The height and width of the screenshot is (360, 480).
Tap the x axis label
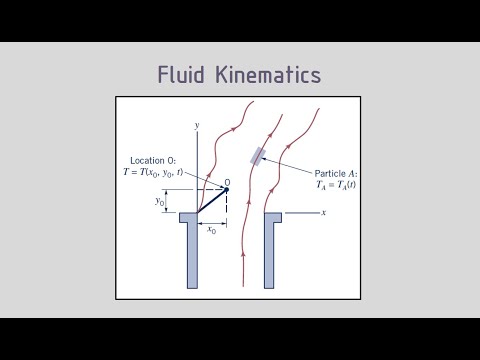coord(324,213)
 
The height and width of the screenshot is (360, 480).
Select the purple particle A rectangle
coord(259,155)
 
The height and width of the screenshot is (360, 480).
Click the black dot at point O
coord(226,191)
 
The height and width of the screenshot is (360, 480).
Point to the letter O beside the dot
coord(228,182)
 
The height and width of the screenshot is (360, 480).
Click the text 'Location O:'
coord(155,160)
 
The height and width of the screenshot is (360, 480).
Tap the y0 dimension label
coord(160,202)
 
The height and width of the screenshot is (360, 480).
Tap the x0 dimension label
coord(212,230)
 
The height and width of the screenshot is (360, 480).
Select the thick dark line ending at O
coord(212,202)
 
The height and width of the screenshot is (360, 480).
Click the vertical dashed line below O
coord(226,204)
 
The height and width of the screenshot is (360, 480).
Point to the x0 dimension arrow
coord(212,222)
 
